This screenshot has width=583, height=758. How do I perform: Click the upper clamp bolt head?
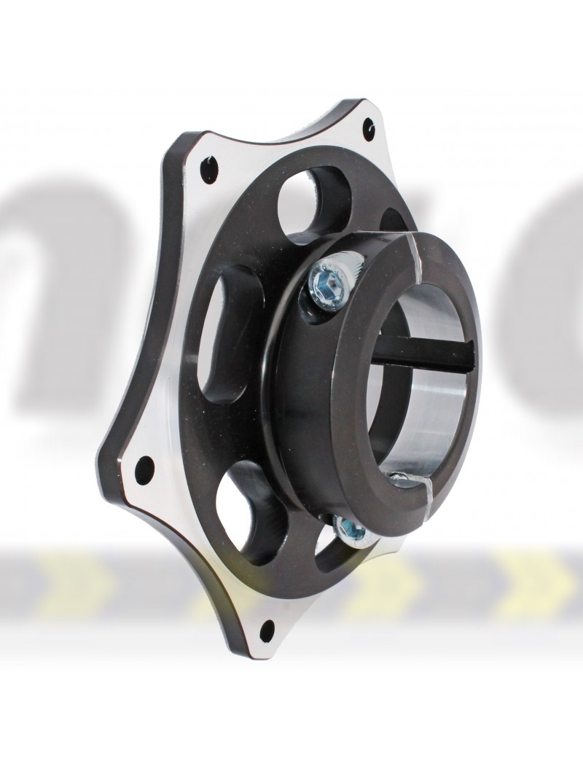pos(329,275)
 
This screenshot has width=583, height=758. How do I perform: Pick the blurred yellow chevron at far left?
pos(73,579)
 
